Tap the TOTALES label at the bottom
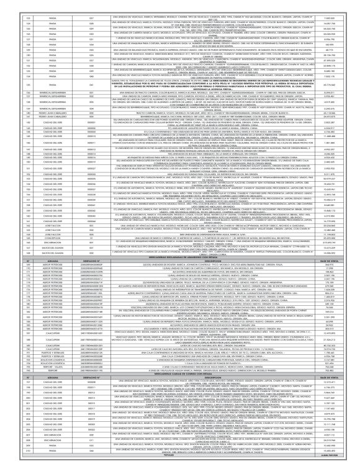click(x=180, y=463)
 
